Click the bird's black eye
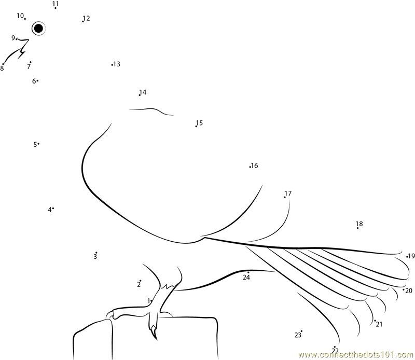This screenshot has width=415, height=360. pos(38,28)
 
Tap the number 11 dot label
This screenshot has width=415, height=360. pos(56,4)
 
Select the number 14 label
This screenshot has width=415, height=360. pos(143,92)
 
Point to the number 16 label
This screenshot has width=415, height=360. pos(254,165)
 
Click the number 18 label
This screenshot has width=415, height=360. pos(359,224)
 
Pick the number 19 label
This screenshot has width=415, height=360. pos(411,256)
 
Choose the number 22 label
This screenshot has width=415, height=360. pos(335,351)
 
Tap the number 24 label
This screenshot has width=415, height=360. pos(246,278)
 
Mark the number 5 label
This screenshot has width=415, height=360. pos(35,144)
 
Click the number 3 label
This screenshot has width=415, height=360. pos(95,256)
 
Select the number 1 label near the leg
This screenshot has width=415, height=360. pos(148,300)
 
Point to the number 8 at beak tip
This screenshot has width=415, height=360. pos(2,68)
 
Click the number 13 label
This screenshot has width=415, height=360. pos(117,64)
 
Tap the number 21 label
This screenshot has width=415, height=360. pos(379,324)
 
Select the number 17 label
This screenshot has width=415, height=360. pos(288,193)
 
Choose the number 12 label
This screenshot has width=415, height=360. pos(86,18)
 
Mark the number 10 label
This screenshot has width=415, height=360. pos(20,16)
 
